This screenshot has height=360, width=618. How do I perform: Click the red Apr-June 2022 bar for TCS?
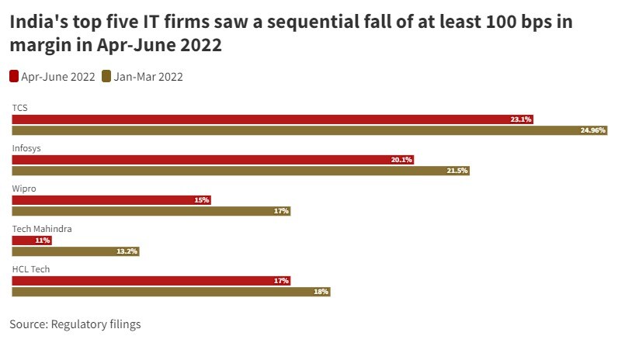tap(272, 119)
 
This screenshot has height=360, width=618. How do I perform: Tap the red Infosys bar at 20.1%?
tap(213, 160)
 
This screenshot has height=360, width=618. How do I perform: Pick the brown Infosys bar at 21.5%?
tap(241, 171)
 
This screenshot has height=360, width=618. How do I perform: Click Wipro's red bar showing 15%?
tap(111, 200)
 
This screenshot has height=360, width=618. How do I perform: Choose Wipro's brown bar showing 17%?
tap(151, 211)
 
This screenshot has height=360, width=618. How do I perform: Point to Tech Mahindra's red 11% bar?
tap(32, 241)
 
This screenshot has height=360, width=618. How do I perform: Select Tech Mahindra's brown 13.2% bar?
tap(75, 251)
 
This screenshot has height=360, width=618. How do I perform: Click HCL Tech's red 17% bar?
tap(151, 281)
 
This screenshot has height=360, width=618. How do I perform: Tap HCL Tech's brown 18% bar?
tap(171, 292)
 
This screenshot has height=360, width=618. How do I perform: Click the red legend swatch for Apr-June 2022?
tap(14, 76)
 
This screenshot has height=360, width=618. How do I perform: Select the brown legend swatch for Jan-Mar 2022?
tap(107, 76)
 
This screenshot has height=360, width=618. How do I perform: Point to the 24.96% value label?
tap(592, 130)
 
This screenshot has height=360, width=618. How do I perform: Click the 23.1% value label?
tap(520, 119)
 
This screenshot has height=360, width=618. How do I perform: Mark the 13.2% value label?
tap(127, 251)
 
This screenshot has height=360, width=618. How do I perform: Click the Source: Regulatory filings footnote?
tap(75, 324)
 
